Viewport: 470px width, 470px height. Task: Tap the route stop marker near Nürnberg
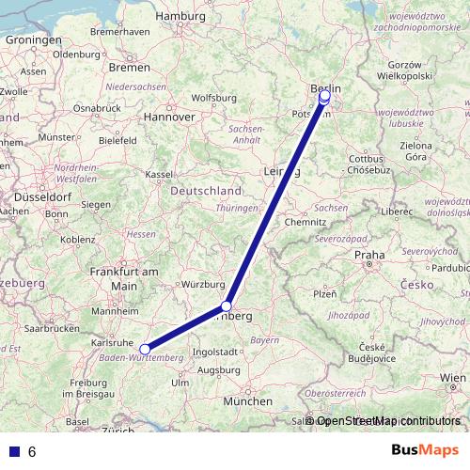tap(227, 306)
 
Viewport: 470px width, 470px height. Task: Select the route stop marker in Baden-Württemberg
tap(145, 350)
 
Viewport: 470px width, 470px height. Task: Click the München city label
tap(248, 401)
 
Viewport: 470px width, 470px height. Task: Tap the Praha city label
tap(368, 255)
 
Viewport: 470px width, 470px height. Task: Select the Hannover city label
tap(169, 117)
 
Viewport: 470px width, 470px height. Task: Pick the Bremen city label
tap(129, 68)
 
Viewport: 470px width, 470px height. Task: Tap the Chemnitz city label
tap(305, 222)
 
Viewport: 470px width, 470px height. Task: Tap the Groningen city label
tap(33, 40)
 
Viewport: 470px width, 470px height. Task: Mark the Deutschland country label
tap(206, 191)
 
